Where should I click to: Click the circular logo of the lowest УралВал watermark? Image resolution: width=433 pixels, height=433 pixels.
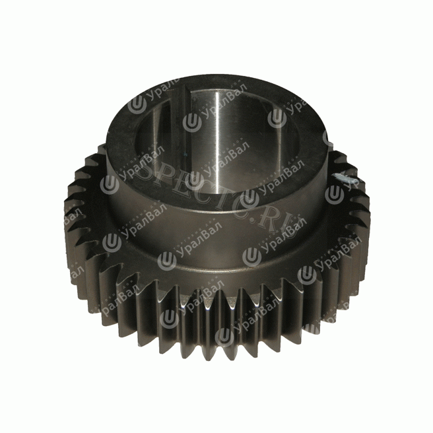[224, 337]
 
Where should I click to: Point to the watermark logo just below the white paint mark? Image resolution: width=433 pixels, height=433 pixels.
[334, 194]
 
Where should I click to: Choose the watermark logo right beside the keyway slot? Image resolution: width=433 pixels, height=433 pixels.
[192, 121]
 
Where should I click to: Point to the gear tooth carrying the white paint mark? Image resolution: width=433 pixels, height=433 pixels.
[348, 182]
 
